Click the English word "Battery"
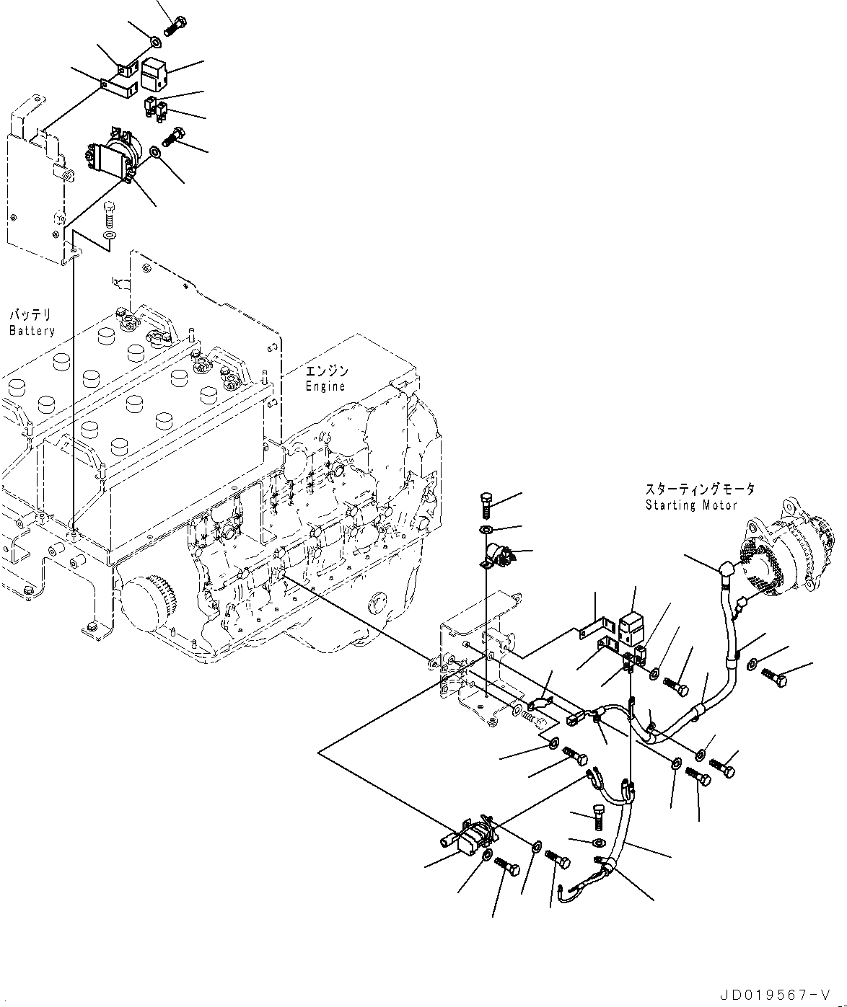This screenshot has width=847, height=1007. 32,331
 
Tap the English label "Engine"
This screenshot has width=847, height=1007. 325,386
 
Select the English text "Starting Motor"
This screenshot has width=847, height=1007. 691,505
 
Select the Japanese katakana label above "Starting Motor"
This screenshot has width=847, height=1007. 700,490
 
